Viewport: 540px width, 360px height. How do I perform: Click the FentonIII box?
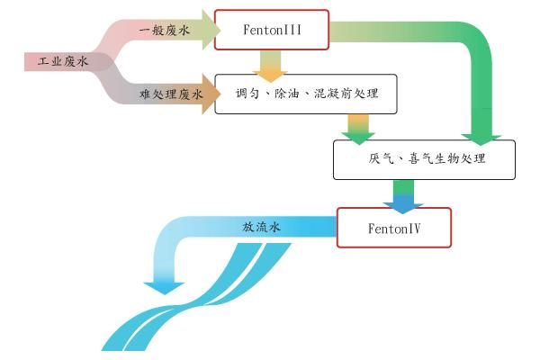(x=273, y=30)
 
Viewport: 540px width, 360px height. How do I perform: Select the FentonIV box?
(x=393, y=228)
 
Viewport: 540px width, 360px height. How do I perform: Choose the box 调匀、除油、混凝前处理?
(x=305, y=94)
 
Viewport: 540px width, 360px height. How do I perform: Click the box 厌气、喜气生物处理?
(x=426, y=159)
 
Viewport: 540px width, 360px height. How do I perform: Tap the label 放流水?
(x=262, y=228)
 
